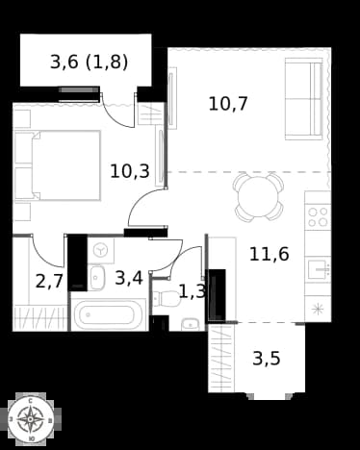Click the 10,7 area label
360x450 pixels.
(228, 104)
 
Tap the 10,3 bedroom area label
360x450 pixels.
(130, 171)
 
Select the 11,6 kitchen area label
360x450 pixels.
(270, 255)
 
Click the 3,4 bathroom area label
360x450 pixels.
(129, 278)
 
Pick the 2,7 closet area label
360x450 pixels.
(49, 282)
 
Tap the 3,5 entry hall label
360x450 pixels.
(267, 359)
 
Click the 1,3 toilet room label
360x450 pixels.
(192, 291)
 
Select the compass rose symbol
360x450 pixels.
(31, 419)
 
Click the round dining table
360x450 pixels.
(258, 197)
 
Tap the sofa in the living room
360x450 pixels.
(303, 99)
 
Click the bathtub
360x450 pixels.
(108, 315)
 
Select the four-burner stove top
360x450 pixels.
(318, 217)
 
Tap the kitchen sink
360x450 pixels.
(320, 269)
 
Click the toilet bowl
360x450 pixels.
(166, 299)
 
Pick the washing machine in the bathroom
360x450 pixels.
(101, 251)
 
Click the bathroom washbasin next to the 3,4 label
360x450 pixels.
(97, 278)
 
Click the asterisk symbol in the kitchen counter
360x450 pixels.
(318, 310)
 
